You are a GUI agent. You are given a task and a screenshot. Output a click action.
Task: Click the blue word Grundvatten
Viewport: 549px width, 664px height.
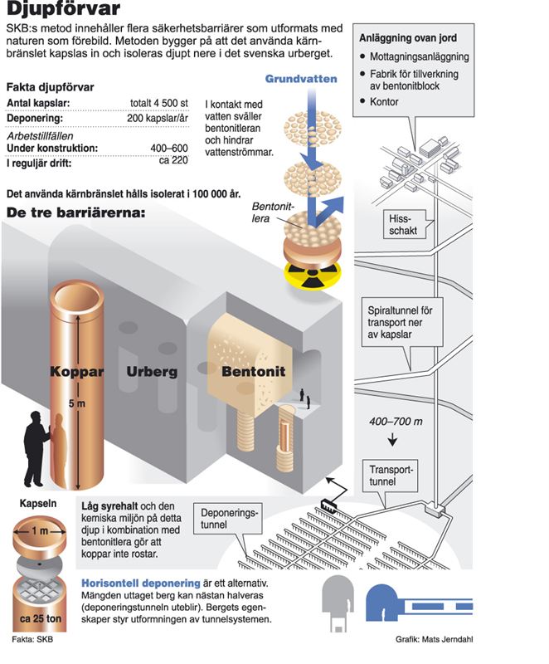coord(301,79)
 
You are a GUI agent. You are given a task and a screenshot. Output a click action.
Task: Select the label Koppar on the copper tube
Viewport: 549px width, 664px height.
coord(76,372)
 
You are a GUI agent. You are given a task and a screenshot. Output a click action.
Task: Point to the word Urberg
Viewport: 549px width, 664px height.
coord(152,372)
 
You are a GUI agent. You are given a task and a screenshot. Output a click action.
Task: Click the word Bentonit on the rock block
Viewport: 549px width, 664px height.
coord(252,372)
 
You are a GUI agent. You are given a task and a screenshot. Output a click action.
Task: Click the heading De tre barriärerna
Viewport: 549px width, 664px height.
coord(75,213)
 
